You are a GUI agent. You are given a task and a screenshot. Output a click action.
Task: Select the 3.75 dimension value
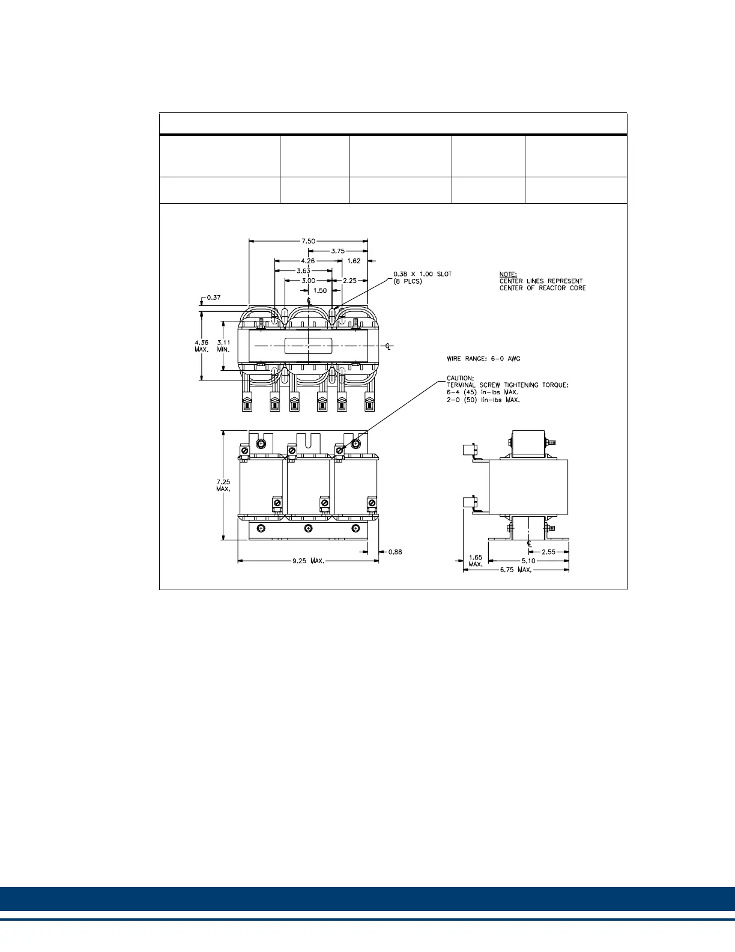(x=338, y=251)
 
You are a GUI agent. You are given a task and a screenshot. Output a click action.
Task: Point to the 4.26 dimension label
(x=308, y=261)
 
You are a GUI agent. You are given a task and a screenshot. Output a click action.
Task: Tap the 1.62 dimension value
(x=354, y=261)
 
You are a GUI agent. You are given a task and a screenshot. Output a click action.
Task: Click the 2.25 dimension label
(x=349, y=281)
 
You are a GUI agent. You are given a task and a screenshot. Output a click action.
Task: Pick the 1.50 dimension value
(x=320, y=290)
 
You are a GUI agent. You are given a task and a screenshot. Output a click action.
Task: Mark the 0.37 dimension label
(x=213, y=297)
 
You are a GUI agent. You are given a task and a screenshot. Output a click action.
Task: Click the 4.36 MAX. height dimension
(x=202, y=346)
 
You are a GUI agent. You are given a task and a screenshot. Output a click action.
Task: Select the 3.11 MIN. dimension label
(x=223, y=346)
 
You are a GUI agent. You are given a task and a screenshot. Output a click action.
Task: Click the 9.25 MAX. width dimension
(x=308, y=561)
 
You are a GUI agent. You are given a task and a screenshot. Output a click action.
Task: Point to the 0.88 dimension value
(x=395, y=552)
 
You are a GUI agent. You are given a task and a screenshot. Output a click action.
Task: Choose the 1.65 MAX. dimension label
(x=475, y=561)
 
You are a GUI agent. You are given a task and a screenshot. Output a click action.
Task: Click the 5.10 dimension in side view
(x=528, y=561)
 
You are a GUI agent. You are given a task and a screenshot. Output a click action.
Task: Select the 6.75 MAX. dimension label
(x=515, y=570)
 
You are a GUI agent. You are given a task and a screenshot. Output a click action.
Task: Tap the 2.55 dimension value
(x=549, y=552)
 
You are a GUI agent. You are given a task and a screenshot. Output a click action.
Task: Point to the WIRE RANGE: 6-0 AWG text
(x=483, y=359)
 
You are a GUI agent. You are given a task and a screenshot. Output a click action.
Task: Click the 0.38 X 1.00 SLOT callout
(x=422, y=274)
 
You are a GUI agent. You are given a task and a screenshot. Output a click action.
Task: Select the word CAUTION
(x=460, y=378)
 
